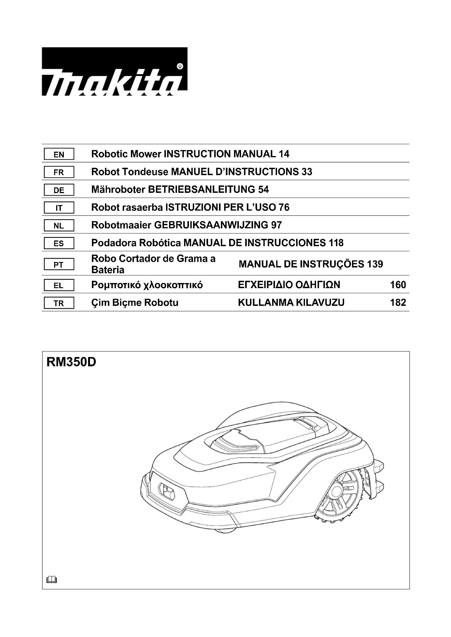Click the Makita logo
click(x=115, y=72)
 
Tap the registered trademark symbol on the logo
click(x=180, y=66)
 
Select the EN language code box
click(x=59, y=154)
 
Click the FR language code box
click(x=59, y=172)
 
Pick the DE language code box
click(x=59, y=190)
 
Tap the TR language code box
click(x=59, y=303)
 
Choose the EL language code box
click(x=59, y=285)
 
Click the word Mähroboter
click(x=118, y=190)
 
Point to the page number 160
click(x=398, y=285)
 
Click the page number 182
click(x=398, y=303)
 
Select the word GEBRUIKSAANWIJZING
click(x=211, y=225)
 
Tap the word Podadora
click(x=114, y=243)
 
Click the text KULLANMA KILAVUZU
click(x=291, y=303)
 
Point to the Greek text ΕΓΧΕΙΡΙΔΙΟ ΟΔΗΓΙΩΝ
click(x=289, y=285)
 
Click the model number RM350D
click(x=71, y=362)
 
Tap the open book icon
click(x=52, y=580)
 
